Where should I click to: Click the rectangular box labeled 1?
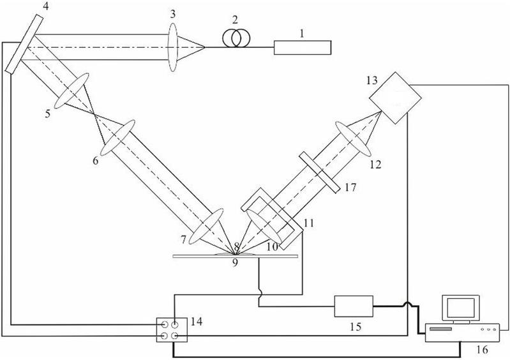(303, 47)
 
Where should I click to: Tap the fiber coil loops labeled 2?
(236, 38)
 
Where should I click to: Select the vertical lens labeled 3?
(173, 47)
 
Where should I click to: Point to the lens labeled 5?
(71, 91)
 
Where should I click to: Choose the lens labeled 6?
(117, 138)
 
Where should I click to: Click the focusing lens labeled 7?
(206, 227)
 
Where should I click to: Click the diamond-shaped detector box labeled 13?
(395, 98)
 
